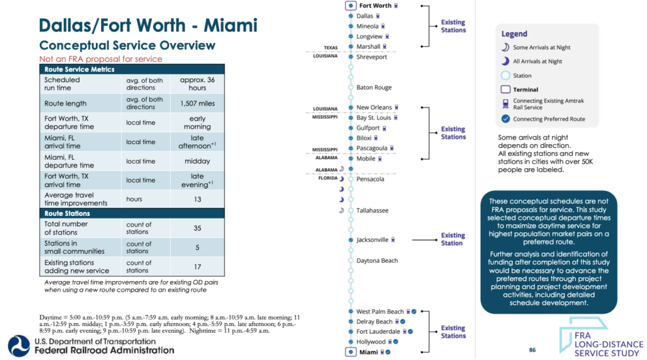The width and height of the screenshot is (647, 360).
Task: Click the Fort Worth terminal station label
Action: pos(375,6)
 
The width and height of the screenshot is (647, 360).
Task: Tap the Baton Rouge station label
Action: pos(373,88)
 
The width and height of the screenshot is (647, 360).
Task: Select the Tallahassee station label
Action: pos(372,210)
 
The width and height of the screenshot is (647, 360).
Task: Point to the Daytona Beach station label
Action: pos(377,261)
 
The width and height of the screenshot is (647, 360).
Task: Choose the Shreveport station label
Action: pos(372,57)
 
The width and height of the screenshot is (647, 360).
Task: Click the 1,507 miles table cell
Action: pos(197,104)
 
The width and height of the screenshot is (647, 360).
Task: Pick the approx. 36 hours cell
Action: pos(197,84)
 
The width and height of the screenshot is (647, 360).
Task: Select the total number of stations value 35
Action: pos(197,228)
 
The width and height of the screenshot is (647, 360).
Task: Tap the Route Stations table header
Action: pos(68,213)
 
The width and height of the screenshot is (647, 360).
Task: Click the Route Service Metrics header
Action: pos(80,69)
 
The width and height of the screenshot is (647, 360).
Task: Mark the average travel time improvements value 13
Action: pos(197,199)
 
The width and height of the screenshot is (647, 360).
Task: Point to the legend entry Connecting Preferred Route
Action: pos(548,119)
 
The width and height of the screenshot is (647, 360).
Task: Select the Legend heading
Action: pos(514,34)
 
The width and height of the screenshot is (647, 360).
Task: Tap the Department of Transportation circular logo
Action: pos(18,346)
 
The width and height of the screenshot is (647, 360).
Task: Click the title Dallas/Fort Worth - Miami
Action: pos(148,25)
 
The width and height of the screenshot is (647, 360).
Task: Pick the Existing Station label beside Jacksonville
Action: pos(453,239)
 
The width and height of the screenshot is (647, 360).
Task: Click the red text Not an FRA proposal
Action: pos(100,59)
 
